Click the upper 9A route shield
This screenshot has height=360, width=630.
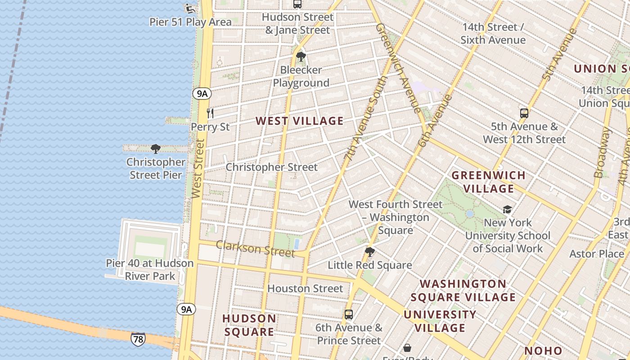click(x=202, y=94)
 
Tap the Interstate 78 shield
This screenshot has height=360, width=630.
click(x=138, y=339)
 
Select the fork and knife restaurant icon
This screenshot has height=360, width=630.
click(x=210, y=113)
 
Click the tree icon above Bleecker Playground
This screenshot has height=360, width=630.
click(x=301, y=57)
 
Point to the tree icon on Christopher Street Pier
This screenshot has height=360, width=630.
click(x=156, y=148)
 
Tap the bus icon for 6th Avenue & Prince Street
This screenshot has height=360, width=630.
click(x=349, y=315)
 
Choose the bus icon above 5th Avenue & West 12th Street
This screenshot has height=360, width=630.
click(x=524, y=113)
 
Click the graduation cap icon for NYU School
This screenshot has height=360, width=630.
click(x=507, y=209)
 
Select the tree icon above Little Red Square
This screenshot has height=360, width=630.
click(x=370, y=252)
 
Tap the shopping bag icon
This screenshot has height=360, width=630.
click(x=407, y=348)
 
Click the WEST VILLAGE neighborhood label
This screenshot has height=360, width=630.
click(x=300, y=121)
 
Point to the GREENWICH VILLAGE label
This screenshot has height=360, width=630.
click(x=488, y=182)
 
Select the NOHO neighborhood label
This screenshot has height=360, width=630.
click(x=543, y=351)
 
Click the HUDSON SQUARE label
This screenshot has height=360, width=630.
click(x=249, y=325)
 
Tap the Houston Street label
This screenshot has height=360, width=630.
click(x=305, y=288)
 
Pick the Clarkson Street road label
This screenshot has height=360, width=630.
click(x=255, y=248)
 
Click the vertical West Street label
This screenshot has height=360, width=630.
click(x=198, y=168)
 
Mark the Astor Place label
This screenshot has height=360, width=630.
click(x=597, y=254)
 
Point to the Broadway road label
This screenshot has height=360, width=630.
click(x=602, y=153)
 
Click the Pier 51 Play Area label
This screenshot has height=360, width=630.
click(x=191, y=22)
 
